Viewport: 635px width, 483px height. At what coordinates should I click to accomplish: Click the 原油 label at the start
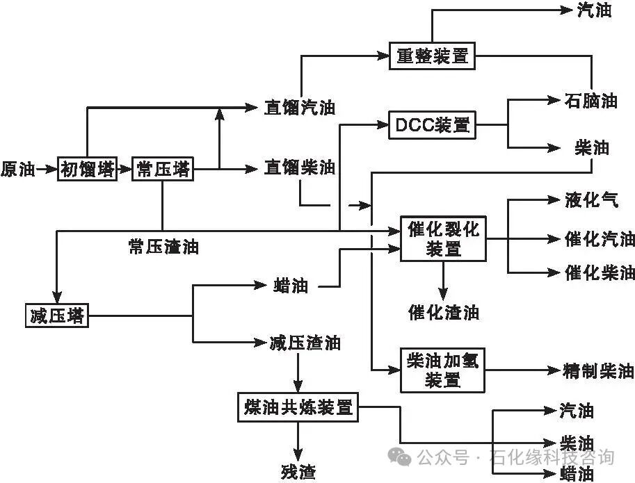click(x=18, y=169)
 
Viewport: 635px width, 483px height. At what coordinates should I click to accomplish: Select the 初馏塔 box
click(x=86, y=169)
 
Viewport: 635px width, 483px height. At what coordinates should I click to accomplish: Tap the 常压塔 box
click(x=162, y=169)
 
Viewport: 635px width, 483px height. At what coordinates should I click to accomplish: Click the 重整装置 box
click(x=432, y=56)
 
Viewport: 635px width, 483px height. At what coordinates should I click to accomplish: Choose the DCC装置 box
click(x=432, y=125)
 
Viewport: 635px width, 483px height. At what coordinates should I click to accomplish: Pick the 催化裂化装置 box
click(x=443, y=239)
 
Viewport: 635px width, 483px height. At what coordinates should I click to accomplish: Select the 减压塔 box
click(x=57, y=316)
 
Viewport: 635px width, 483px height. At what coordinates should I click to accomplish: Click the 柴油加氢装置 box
click(x=443, y=369)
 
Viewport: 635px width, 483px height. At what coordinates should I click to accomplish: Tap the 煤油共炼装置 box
click(x=298, y=407)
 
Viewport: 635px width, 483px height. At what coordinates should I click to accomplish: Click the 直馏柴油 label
click(x=300, y=167)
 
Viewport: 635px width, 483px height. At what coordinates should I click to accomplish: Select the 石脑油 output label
click(x=592, y=100)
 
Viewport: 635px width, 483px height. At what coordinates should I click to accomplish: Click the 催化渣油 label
click(x=443, y=311)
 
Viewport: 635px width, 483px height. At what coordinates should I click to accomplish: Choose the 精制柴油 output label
click(x=599, y=370)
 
